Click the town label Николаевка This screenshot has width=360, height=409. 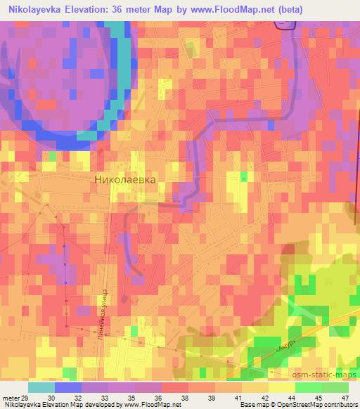tap(124, 179)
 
